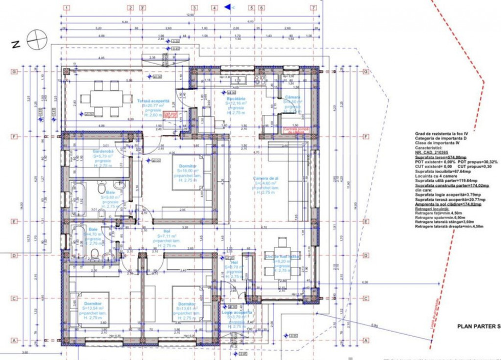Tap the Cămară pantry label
point(293,97)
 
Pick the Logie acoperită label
point(237,312)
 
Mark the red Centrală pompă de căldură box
point(294,130)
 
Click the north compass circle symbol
point(37,40)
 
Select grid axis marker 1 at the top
point(67,8)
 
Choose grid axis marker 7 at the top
point(313,8)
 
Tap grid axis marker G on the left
point(15,71)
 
